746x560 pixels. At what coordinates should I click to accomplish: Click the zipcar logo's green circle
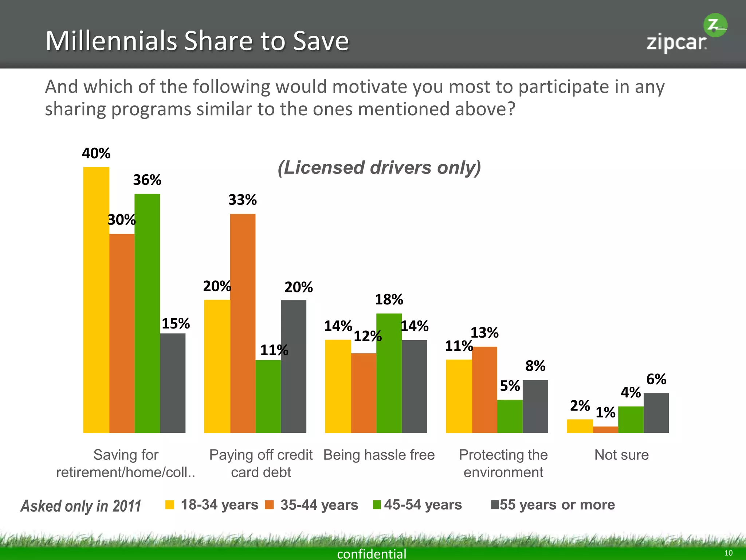[715, 25]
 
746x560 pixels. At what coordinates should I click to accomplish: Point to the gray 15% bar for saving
[173, 383]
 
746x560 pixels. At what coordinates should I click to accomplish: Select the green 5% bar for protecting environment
[510, 416]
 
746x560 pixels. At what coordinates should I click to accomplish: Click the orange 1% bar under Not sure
[605, 429]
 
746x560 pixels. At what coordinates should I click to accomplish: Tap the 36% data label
[147, 180]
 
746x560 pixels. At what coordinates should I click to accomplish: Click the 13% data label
[484, 332]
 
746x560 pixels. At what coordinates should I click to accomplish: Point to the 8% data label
[535, 366]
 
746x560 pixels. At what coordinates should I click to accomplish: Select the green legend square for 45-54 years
[377, 505]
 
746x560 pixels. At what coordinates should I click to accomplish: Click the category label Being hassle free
[379, 455]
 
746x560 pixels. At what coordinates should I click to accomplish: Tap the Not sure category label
[621, 455]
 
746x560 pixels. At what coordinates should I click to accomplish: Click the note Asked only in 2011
[81, 506]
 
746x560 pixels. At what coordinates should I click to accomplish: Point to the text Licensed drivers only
[379, 168]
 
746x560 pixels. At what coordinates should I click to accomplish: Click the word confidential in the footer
[372, 553]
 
